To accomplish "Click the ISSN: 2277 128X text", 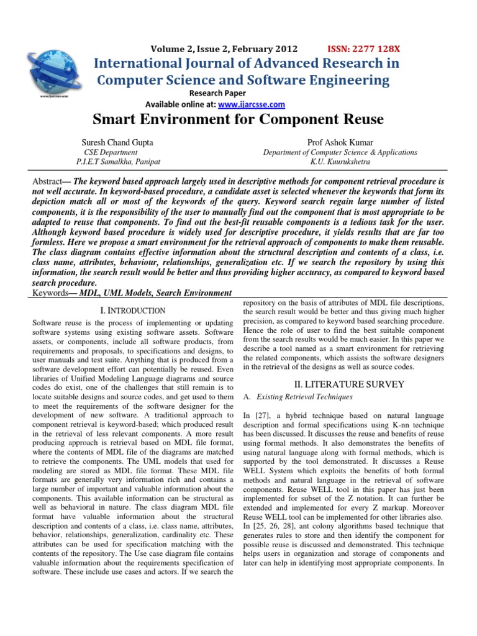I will coord(363,49).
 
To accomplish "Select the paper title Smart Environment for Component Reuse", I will coord(238,119).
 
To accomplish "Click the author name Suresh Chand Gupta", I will coord(117,142).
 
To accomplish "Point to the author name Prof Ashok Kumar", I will coord(340,142).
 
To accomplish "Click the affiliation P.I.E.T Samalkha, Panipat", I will coord(118,161).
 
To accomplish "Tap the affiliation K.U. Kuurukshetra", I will coord(340,161).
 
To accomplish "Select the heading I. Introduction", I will coord(132,310).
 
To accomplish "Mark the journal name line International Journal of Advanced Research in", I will coord(247,63).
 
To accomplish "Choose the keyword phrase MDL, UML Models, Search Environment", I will coord(155,293).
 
